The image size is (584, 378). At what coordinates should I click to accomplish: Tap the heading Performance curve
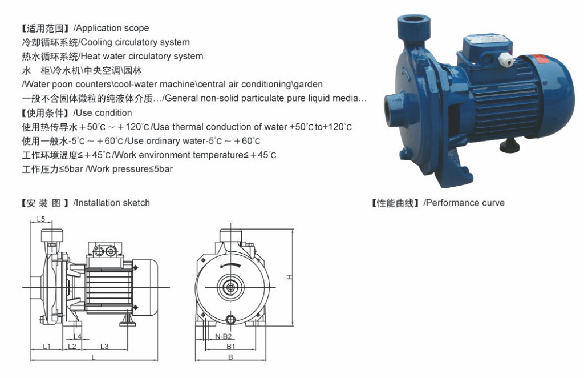[465, 203]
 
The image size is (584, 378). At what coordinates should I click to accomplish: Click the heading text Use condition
[104, 113]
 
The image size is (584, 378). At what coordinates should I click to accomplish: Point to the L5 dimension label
[41, 219]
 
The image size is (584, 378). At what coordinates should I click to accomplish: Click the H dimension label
[289, 276]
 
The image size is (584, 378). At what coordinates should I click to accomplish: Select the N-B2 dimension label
[224, 337]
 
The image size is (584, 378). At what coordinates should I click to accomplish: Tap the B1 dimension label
[231, 347]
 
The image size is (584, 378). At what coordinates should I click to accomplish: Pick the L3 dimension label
[105, 347]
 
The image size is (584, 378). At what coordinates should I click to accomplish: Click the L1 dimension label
[47, 347]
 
